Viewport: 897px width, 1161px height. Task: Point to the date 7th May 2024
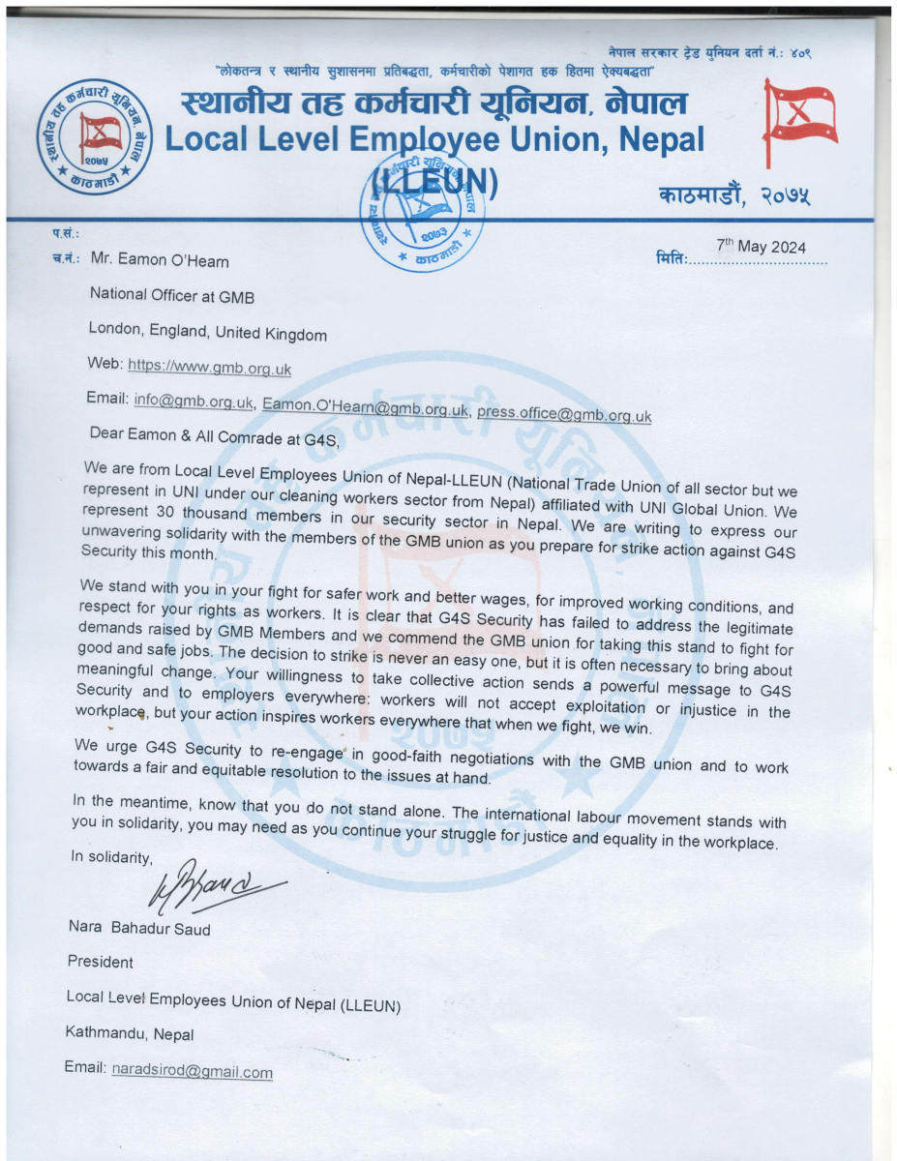[761, 247]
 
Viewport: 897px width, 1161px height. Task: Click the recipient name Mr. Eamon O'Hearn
[160, 260]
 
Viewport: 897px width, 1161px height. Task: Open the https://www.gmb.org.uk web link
[209, 369]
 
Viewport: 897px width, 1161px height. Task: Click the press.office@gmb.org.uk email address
[564, 414]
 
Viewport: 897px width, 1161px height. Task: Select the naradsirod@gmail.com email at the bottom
[192, 1072]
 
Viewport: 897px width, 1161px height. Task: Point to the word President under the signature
[100, 963]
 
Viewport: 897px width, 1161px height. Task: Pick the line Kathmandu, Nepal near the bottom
[130, 1034]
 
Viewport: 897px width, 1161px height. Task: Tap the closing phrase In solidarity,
[111, 856]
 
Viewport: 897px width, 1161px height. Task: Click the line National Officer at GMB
[172, 295]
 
